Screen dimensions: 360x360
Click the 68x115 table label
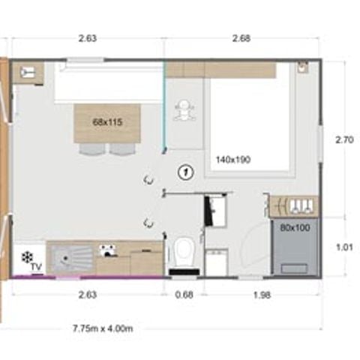(107, 121)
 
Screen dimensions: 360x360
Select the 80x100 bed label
(293, 227)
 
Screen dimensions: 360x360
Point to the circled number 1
(185, 172)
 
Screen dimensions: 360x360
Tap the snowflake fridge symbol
(28, 257)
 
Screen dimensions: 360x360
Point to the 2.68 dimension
(241, 39)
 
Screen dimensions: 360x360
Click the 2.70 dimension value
(343, 139)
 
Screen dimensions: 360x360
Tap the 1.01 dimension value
(343, 244)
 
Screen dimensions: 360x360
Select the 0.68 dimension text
(184, 295)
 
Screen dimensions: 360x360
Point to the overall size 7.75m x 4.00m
(102, 328)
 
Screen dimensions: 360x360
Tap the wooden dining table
(107, 124)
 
